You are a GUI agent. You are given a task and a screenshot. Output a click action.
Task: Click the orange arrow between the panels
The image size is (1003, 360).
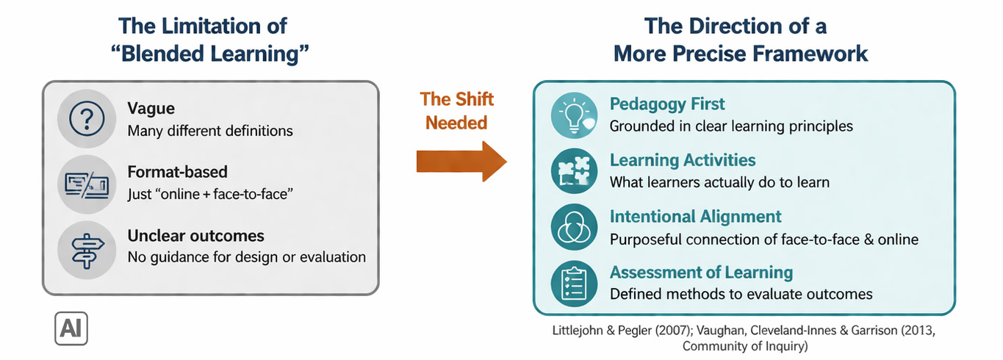(x=461, y=160)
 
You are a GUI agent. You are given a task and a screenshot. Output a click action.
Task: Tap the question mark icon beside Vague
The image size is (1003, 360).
(x=87, y=118)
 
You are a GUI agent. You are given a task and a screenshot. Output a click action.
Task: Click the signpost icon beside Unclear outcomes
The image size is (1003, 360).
(x=87, y=245)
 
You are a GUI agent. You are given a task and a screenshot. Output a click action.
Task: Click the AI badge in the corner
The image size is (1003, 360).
(x=71, y=328)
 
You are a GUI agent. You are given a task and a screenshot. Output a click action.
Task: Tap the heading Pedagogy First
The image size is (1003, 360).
(x=667, y=104)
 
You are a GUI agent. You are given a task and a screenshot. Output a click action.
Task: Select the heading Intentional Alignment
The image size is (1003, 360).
(x=695, y=217)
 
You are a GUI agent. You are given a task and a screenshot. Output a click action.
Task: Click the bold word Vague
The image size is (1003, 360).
(x=151, y=109)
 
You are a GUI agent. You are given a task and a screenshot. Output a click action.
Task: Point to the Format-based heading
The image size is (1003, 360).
(x=177, y=172)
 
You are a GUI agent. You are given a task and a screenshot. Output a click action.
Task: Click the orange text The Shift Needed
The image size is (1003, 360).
(x=456, y=111)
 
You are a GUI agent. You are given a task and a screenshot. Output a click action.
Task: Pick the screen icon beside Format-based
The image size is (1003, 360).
(x=87, y=182)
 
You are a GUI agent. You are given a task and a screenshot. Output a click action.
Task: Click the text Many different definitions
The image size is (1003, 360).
(x=210, y=132)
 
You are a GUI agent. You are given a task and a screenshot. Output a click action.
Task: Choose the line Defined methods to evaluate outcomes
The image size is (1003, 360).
(x=741, y=295)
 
